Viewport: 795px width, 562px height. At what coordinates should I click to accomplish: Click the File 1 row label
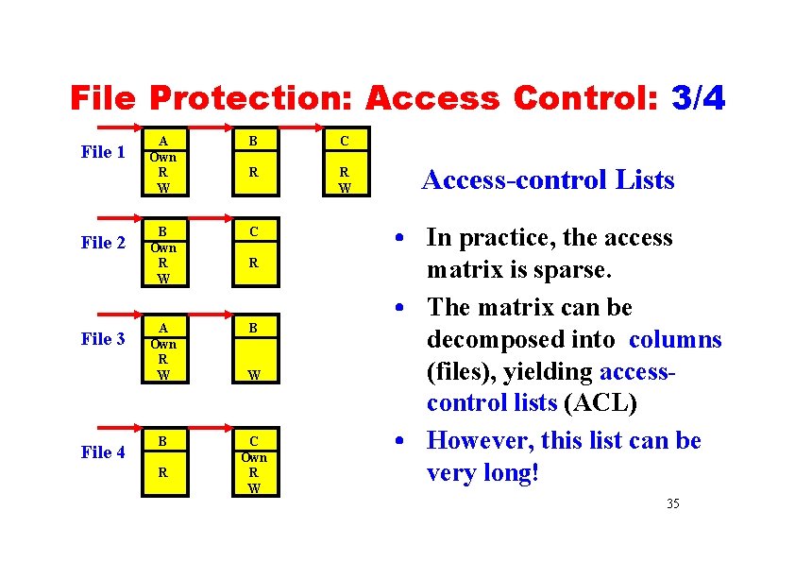coord(103,152)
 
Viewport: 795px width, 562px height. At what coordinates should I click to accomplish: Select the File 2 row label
coord(103,244)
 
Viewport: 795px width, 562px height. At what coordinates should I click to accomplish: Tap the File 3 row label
coord(103,339)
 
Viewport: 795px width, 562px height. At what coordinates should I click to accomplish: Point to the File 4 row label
coord(103,452)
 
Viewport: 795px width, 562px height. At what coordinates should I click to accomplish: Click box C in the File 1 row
coord(345,162)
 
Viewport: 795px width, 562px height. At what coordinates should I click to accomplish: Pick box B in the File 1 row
coord(253,162)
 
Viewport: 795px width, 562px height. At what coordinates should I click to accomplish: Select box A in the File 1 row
coord(163,162)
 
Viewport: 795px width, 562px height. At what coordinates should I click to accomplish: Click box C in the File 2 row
coord(253,253)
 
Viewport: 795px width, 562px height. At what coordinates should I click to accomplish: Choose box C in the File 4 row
coord(253,464)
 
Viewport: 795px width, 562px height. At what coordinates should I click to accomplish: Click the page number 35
coord(672,503)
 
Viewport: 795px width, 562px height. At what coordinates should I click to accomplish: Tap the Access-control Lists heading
coord(548,179)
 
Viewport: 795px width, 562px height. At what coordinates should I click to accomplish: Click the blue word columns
coord(675,340)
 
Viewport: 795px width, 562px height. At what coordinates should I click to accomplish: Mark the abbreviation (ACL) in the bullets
coord(600,403)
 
